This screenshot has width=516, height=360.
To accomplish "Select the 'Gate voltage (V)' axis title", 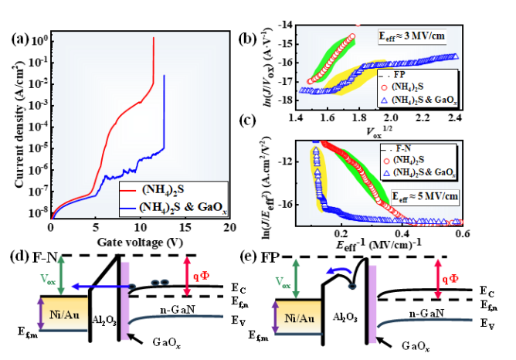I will pyautogui.click(x=140, y=242).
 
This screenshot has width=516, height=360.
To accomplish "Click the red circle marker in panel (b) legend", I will pyautogui.click(x=387, y=86).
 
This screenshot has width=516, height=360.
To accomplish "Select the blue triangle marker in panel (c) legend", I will pyautogui.click(x=387, y=170).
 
